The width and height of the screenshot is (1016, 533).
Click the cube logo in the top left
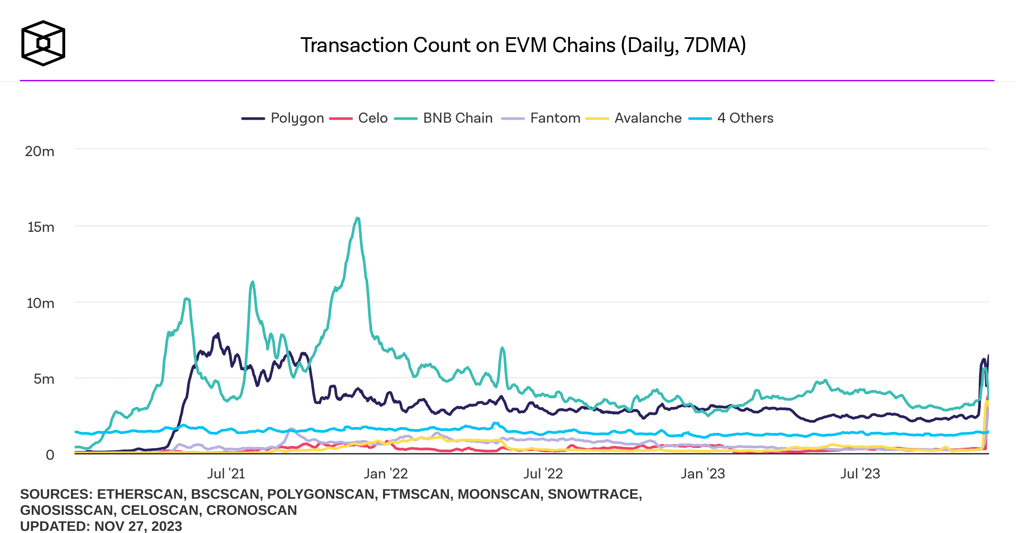coord(43,43)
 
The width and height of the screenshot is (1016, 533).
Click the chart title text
coord(523,45)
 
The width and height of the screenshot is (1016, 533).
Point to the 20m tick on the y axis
coord(40,151)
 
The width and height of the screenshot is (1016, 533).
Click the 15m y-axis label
coord(41,227)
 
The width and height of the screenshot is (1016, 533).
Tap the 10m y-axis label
coord(41,303)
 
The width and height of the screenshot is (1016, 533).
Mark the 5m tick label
coord(44,379)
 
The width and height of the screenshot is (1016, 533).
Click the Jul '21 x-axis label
coord(226,474)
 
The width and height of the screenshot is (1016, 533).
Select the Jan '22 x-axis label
coord(385,474)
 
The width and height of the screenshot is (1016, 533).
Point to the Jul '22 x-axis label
coord(543,474)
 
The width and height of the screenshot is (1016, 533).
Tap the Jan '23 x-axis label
coord(702,474)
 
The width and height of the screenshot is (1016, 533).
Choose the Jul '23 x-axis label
coord(860,474)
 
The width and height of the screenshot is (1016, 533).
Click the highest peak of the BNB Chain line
coord(358,218)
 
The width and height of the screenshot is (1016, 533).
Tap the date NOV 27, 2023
coord(138,526)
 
